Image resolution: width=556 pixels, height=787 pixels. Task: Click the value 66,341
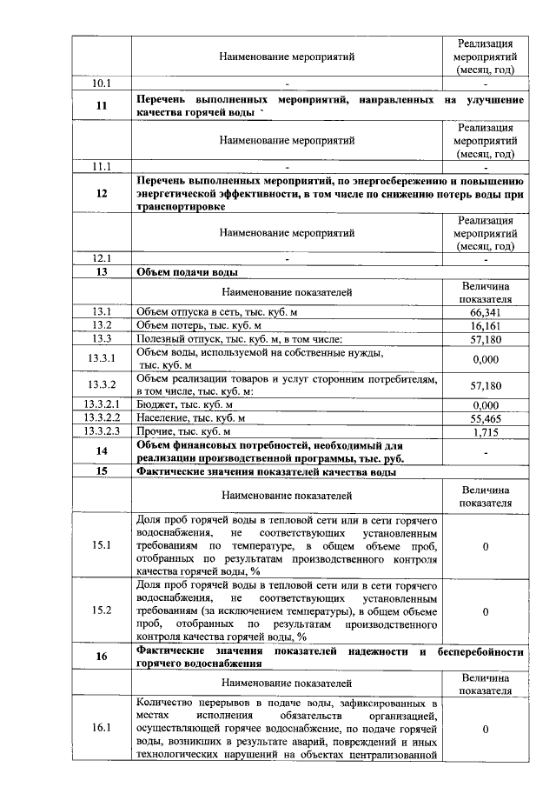[x=486, y=311]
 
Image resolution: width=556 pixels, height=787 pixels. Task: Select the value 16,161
[x=486, y=324]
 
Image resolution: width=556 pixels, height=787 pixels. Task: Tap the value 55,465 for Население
[x=486, y=418]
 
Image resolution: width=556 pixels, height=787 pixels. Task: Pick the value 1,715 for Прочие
[x=486, y=431]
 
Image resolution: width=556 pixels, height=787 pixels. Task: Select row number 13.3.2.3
[x=102, y=431]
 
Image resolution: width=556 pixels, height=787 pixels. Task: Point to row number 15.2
[x=102, y=610]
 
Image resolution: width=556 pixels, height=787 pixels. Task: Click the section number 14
[x=102, y=451]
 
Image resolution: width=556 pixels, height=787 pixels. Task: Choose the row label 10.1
[x=102, y=83]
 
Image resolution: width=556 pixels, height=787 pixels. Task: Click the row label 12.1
[x=102, y=258]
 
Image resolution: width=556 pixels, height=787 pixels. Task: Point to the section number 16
[x=102, y=657]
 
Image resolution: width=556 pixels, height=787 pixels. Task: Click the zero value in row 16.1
[x=486, y=729]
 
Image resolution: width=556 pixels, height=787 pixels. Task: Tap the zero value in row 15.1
[x=486, y=545]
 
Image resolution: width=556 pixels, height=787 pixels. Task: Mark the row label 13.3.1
[x=102, y=358]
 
